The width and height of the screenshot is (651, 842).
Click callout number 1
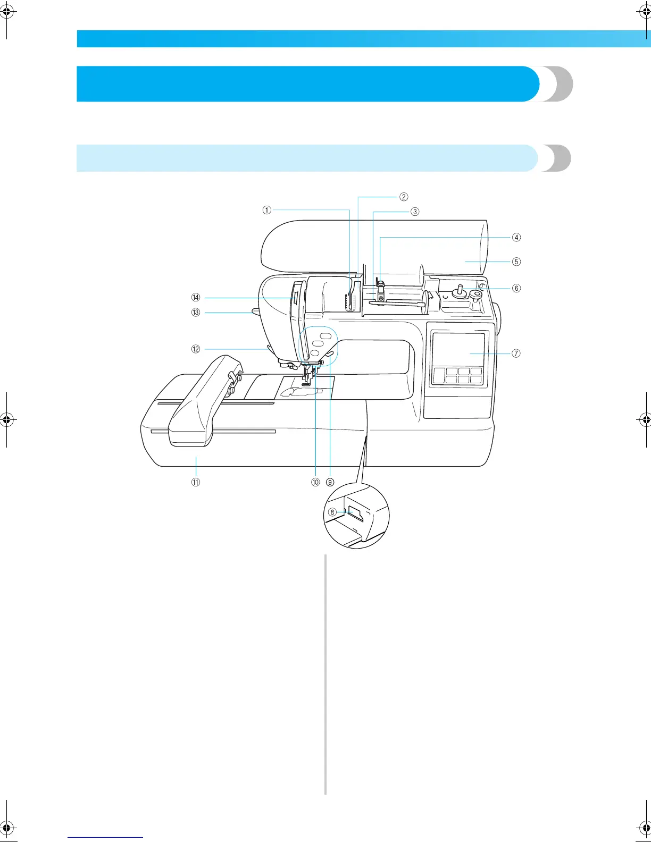pos(266,210)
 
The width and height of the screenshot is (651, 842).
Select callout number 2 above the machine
pos(404,197)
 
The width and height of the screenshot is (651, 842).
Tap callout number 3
pos(414,211)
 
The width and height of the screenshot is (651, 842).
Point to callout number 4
pos(516,237)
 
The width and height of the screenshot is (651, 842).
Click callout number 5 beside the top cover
pos(516,262)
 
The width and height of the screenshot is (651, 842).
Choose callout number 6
pos(516,288)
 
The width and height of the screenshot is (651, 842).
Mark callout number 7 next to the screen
pos(516,353)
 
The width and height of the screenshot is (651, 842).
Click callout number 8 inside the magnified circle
pos(332,512)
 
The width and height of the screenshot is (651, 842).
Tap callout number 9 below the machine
pos(330,482)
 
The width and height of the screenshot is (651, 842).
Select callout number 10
pos(316,482)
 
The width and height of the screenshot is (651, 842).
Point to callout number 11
pos(196,482)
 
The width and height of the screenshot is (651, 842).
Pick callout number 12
pos(196,349)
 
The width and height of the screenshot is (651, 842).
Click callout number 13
pos(196,313)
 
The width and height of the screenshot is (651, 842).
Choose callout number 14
pos(196,297)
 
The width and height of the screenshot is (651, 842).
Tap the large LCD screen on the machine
pos(458,350)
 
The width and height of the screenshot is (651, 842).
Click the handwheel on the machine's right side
pos(499,319)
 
